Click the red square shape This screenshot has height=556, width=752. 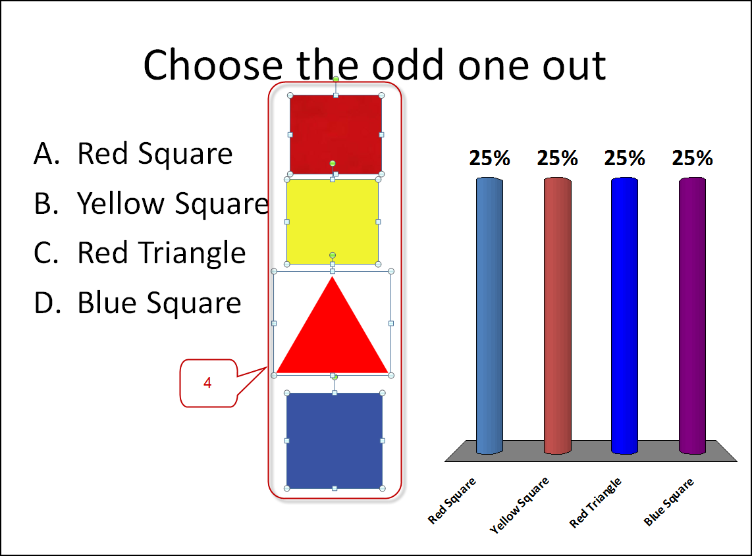(336, 135)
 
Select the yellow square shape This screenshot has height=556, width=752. (333, 222)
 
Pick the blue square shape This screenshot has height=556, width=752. (335, 440)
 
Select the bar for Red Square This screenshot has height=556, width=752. (489, 315)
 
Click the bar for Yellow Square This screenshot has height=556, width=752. (557, 315)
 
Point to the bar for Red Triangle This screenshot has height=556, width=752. (624, 315)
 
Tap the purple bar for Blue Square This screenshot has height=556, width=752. (692, 315)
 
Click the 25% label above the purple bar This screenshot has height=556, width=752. (692, 158)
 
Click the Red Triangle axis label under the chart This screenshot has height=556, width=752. (595, 502)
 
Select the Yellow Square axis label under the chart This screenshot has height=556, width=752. (519, 505)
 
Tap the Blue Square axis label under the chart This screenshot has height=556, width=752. (668, 502)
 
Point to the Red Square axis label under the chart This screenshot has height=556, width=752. (451, 500)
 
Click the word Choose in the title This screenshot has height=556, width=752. (213, 64)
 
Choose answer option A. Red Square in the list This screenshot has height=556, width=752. (133, 153)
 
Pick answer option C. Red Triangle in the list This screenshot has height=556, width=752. (140, 253)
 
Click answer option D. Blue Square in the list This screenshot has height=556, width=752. (138, 303)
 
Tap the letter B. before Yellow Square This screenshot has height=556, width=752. (46, 203)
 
